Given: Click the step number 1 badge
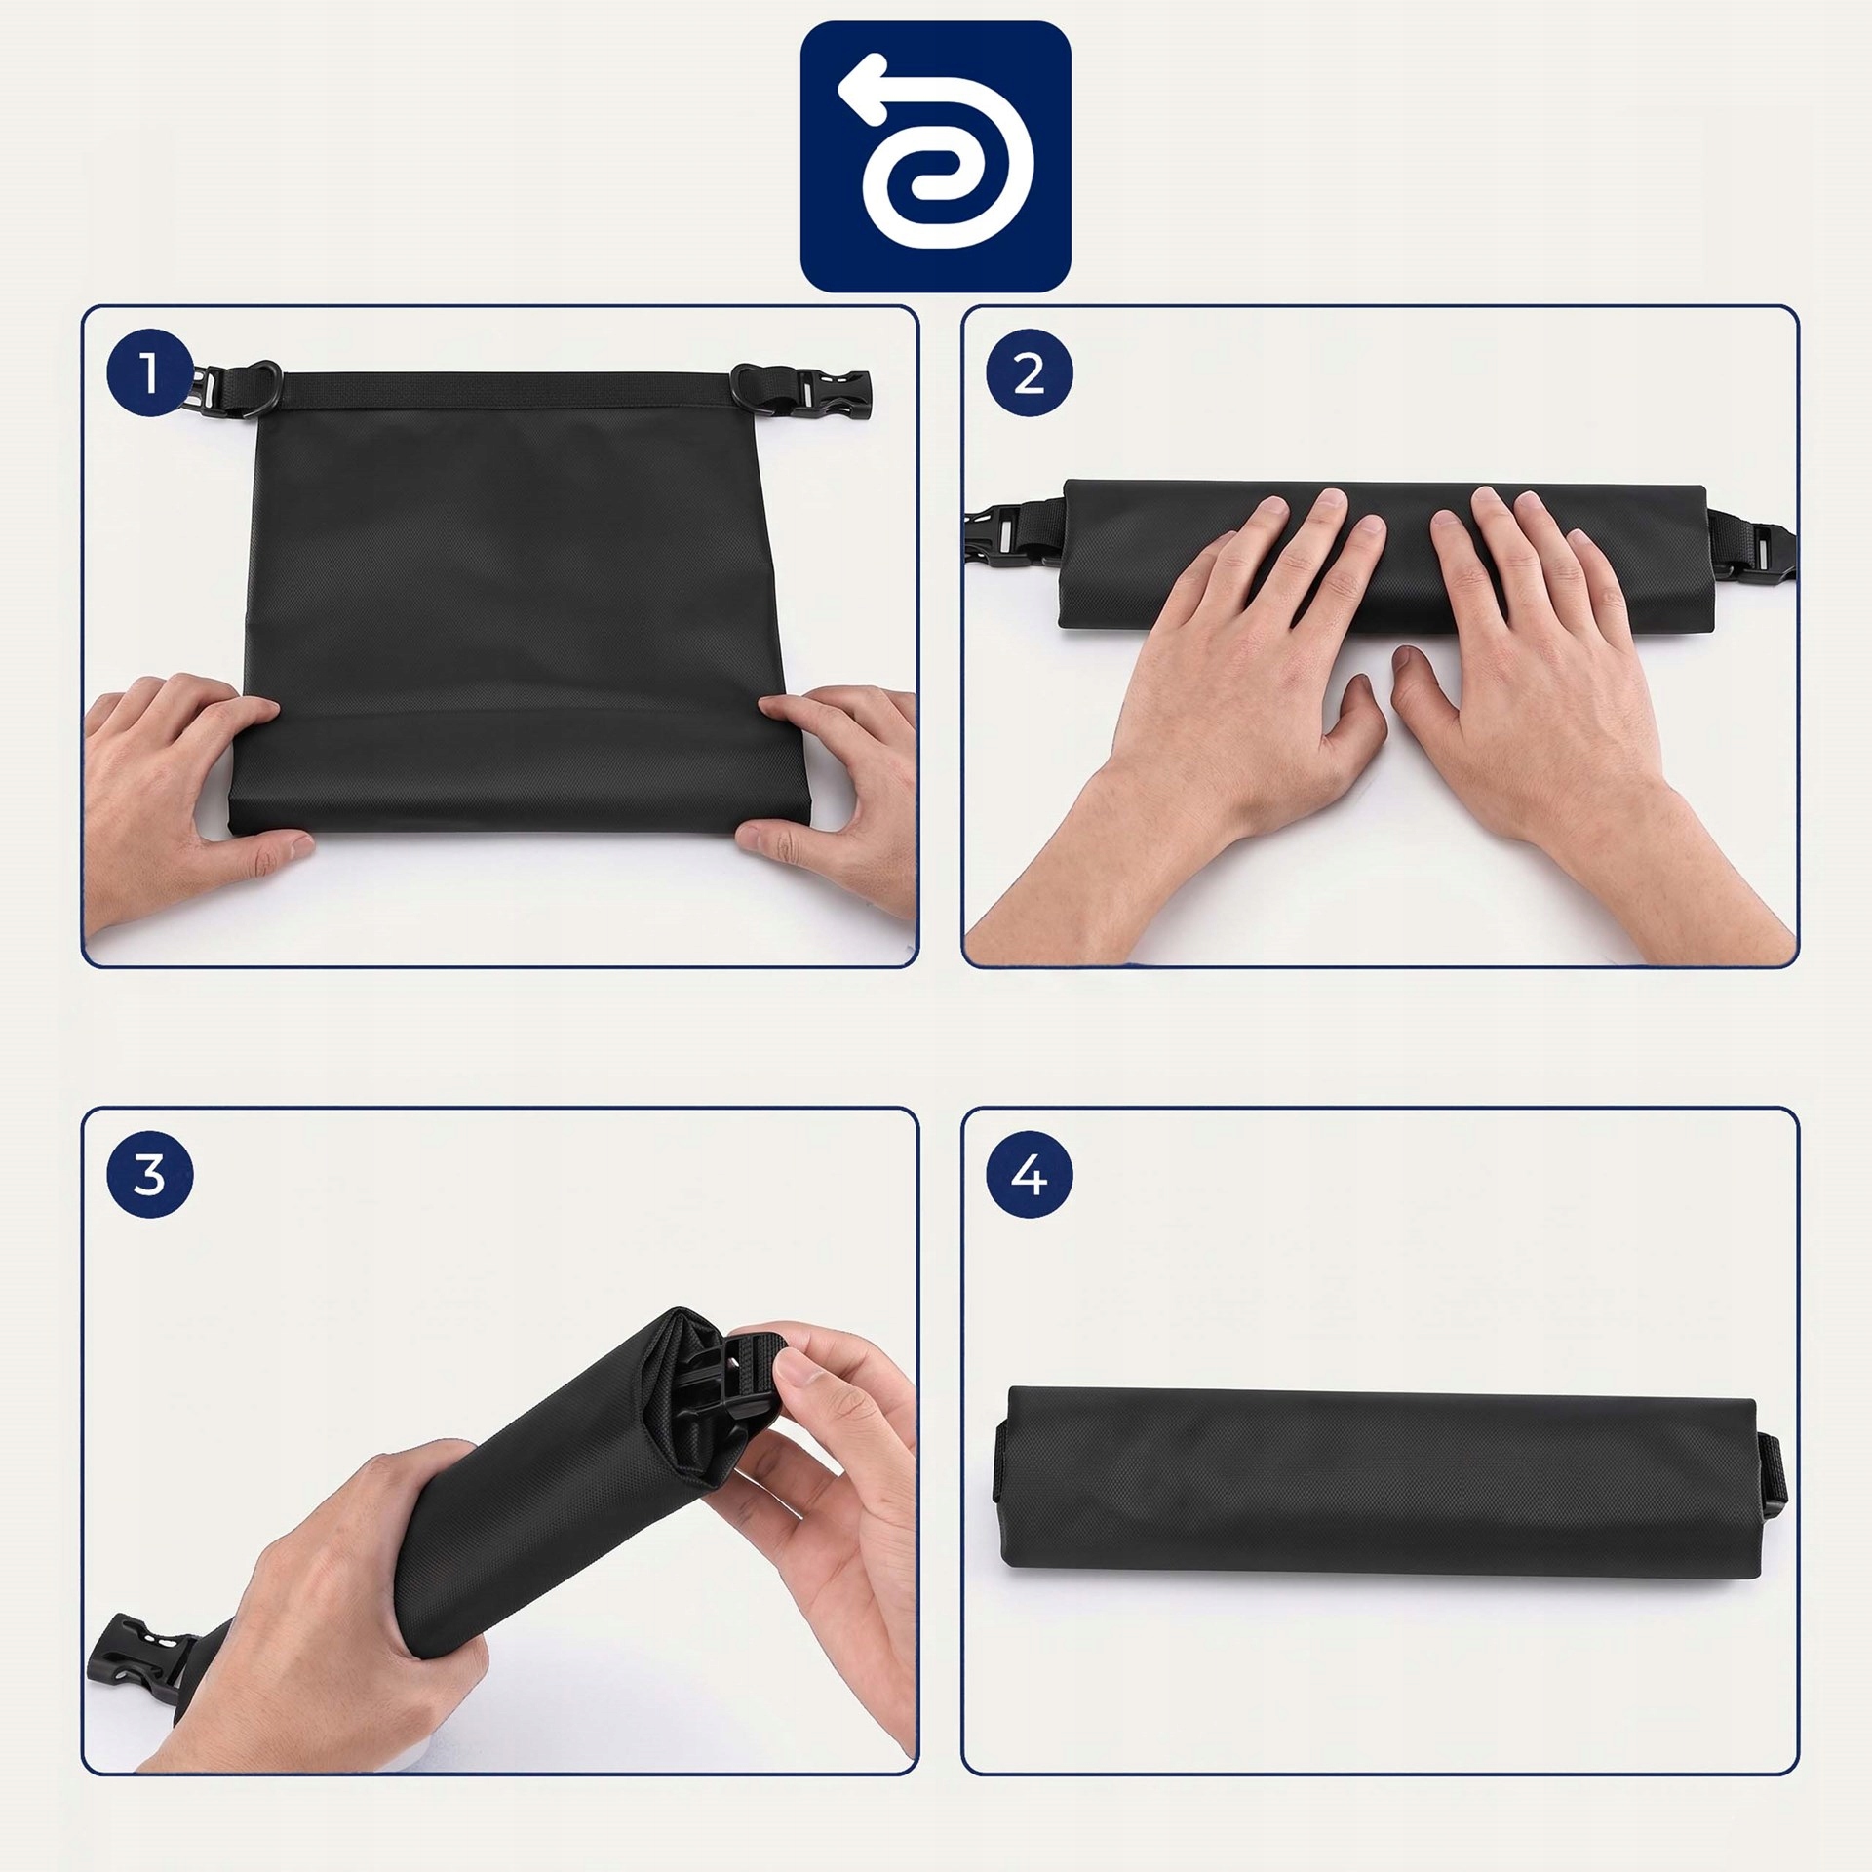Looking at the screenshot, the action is pyautogui.click(x=149, y=374).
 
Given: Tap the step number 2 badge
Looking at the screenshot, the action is pyautogui.click(x=1030, y=374).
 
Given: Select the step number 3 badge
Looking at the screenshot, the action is pyautogui.click(x=149, y=1176).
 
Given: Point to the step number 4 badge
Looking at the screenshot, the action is pyautogui.click(x=1030, y=1176).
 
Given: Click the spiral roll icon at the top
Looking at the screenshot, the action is pyautogui.click(x=936, y=156).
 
